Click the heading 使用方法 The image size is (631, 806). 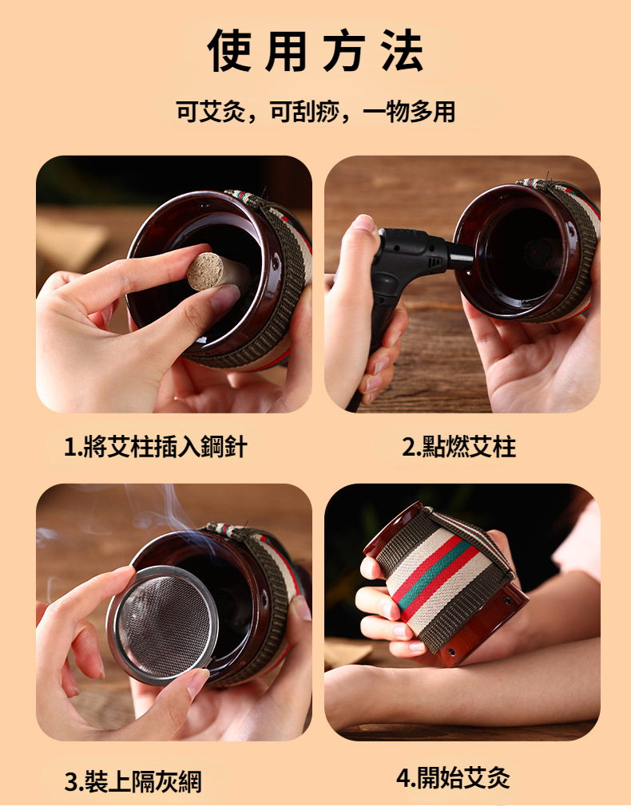coord(315,50)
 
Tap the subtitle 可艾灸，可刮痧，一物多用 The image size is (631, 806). coord(315,112)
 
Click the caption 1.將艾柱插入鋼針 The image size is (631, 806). coord(156,446)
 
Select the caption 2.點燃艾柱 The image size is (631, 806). coord(458,446)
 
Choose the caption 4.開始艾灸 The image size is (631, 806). coord(453,777)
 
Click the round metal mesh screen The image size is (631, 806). coord(162,625)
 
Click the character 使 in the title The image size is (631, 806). coord(229,50)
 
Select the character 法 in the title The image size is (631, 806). coord(403,50)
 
